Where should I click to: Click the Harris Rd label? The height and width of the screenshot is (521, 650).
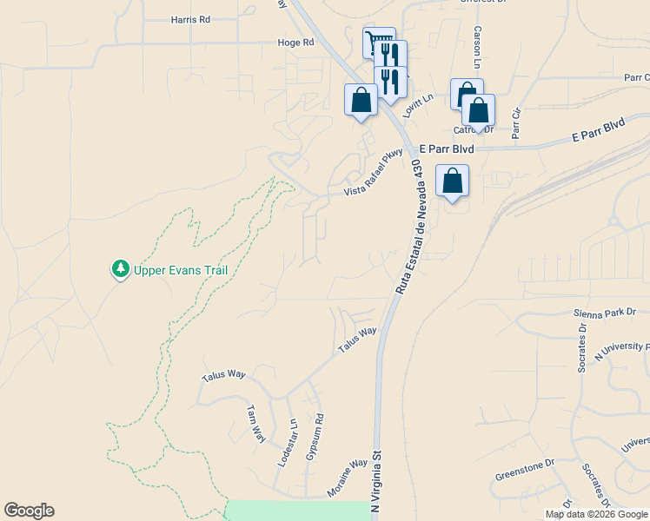pos(191,19)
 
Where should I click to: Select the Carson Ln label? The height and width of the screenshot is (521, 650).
pos(477,47)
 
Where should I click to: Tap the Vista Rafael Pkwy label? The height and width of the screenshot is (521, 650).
pos(374,173)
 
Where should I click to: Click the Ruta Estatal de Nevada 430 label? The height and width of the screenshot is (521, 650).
pos(414,226)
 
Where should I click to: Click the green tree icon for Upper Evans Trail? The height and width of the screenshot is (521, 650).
pos(120,269)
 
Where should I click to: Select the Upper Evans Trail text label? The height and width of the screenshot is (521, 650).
pos(181,270)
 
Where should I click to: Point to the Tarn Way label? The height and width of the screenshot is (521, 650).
pos(255,424)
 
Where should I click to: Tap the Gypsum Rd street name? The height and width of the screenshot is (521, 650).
pos(315,438)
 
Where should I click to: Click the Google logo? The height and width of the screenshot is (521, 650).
pos(29,511)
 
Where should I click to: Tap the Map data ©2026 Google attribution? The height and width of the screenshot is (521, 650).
pos(595,514)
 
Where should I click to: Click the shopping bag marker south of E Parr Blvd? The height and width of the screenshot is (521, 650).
pos(452,181)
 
